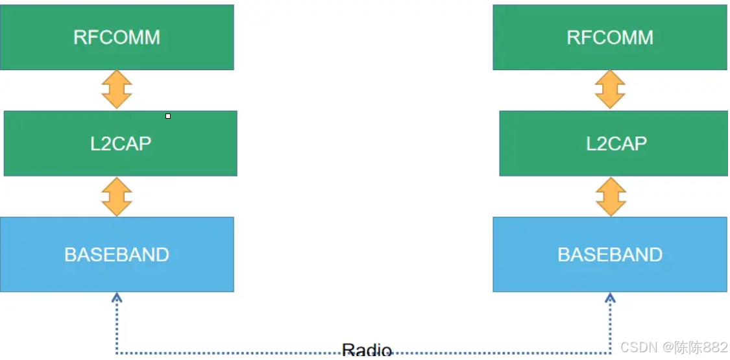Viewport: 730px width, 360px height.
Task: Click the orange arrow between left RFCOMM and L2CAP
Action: [117, 90]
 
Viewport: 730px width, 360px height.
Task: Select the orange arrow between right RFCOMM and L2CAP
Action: [610, 90]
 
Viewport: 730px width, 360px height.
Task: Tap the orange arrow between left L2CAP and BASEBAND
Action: [117, 197]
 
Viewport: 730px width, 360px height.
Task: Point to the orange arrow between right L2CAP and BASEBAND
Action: [610, 197]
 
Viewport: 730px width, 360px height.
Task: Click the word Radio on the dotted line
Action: [367, 351]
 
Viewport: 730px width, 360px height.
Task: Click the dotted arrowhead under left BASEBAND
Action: [117, 298]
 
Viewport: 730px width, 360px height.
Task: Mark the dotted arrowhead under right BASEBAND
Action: [610, 298]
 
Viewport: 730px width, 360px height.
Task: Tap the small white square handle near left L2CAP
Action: [168, 116]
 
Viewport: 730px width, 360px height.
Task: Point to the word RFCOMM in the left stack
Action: [117, 37]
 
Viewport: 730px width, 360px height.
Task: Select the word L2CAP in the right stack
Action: [616, 143]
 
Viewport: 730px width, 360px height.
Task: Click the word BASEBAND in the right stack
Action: [610, 254]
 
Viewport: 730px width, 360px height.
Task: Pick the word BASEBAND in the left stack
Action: [117, 254]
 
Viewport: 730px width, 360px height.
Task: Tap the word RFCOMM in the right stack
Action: [610, 37]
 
